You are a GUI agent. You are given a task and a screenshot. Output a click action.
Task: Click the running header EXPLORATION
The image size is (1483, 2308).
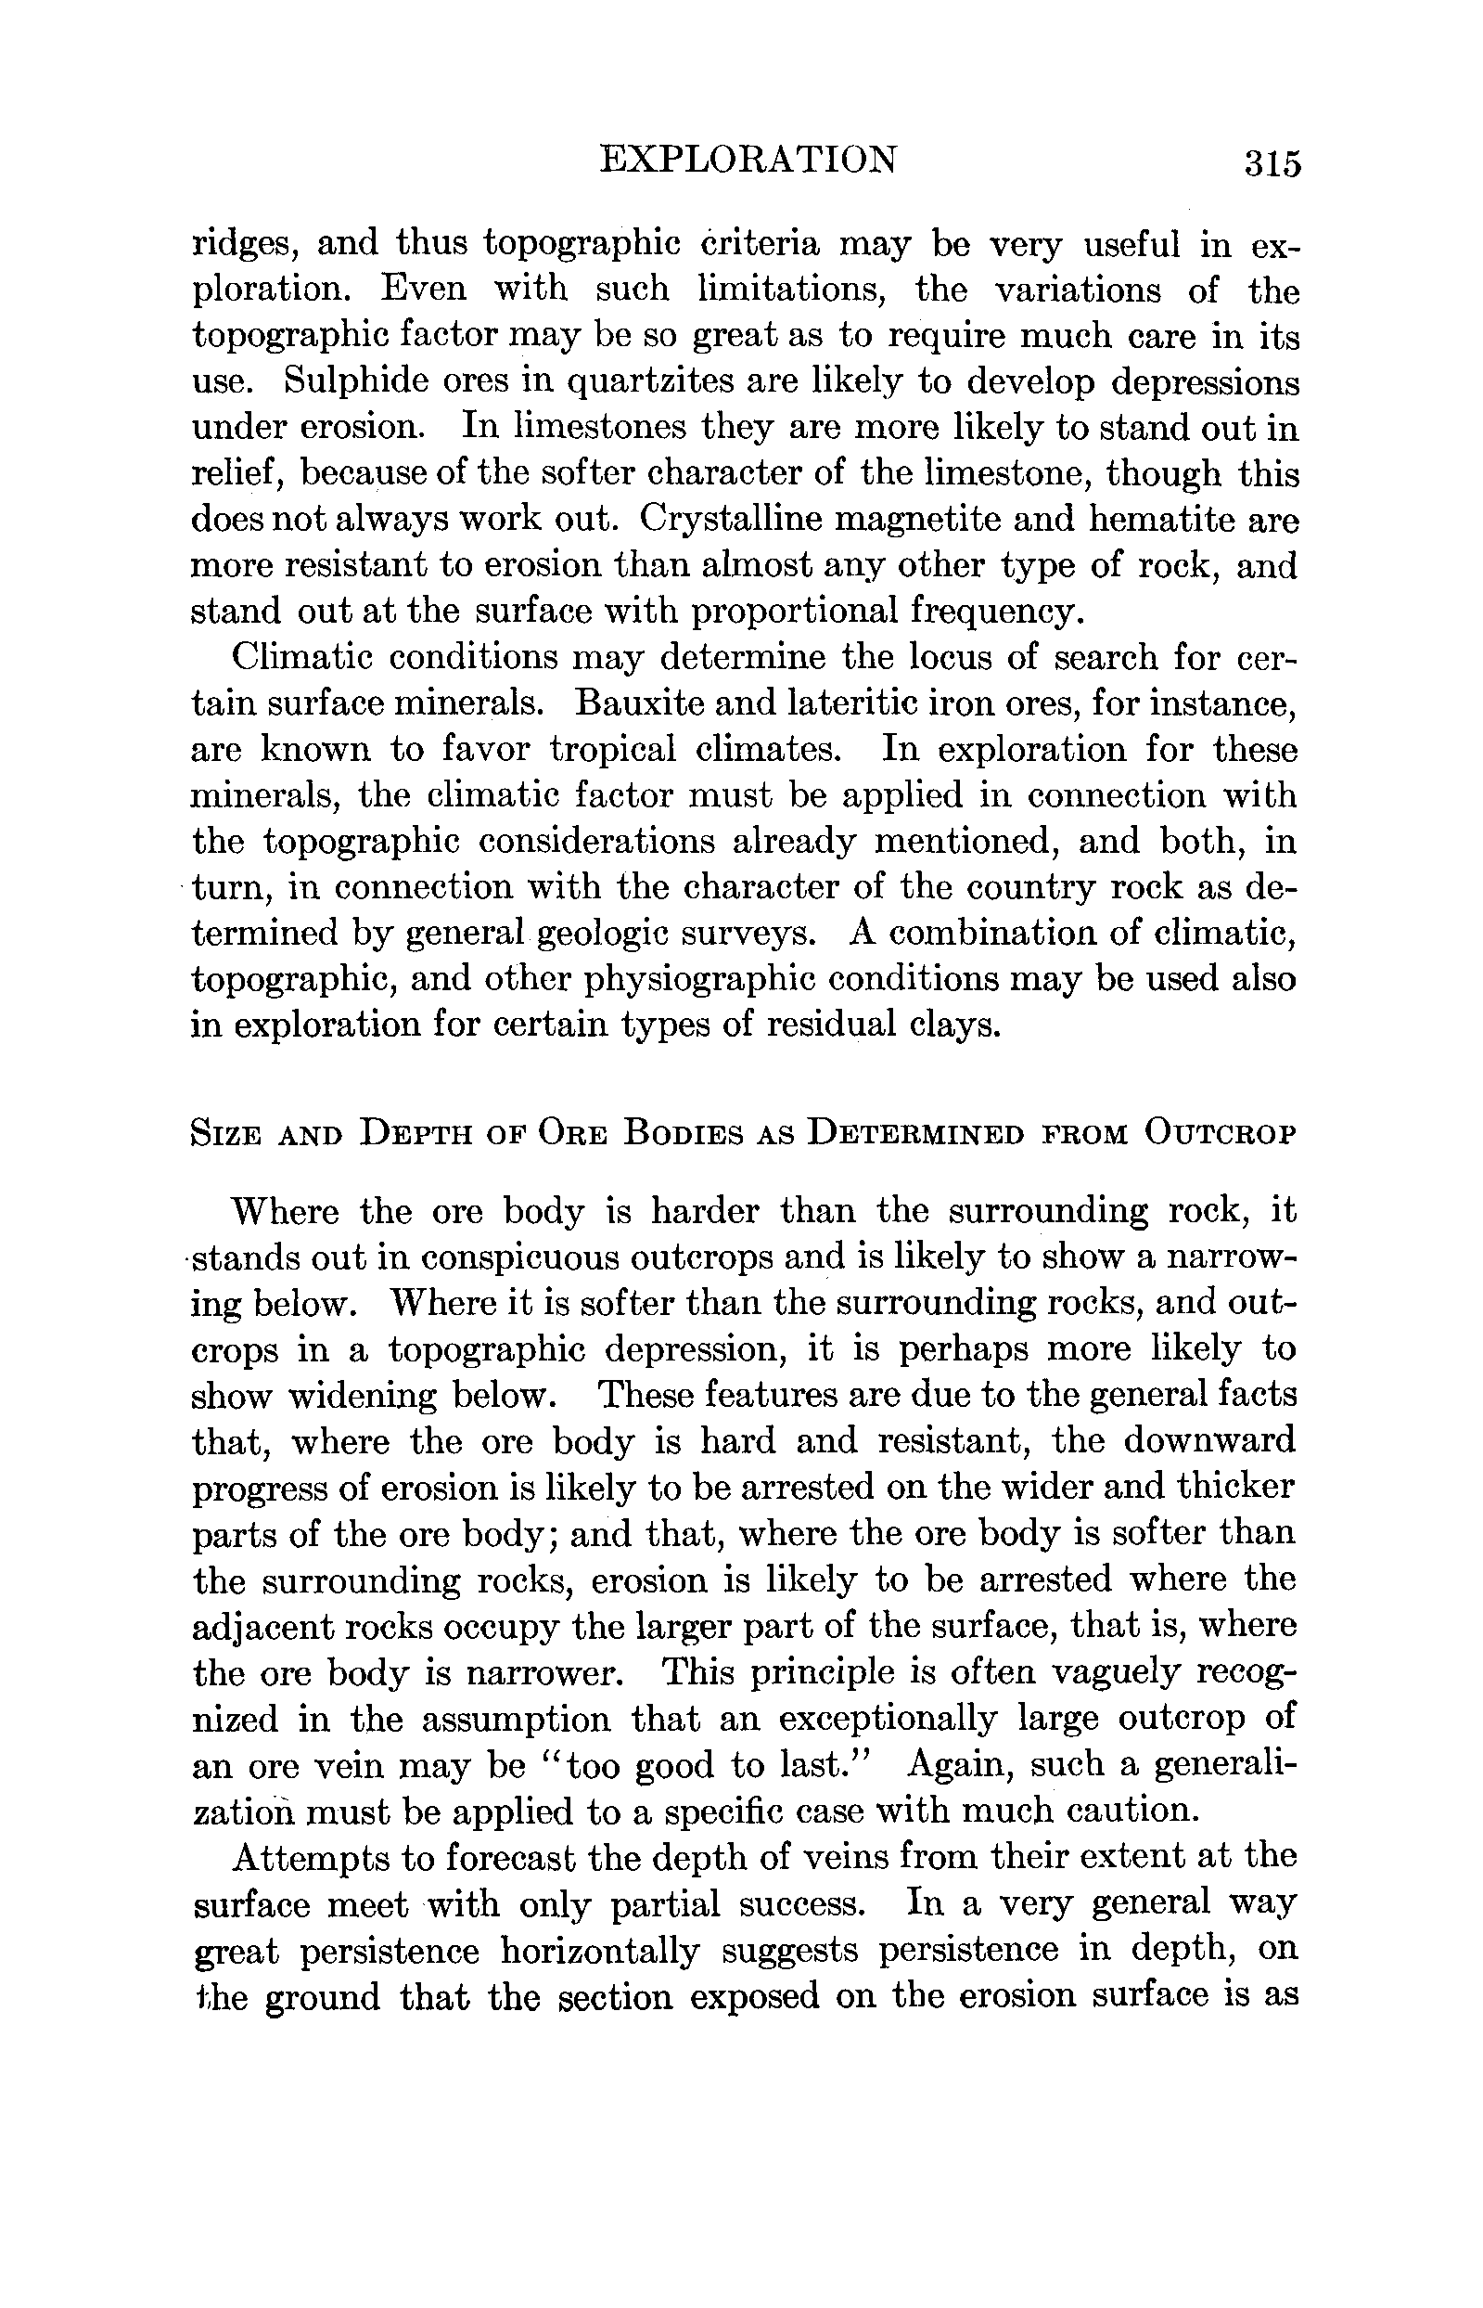[x=748, y=159]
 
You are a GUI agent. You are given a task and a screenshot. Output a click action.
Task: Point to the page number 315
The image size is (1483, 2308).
[x=1272, y=162]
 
